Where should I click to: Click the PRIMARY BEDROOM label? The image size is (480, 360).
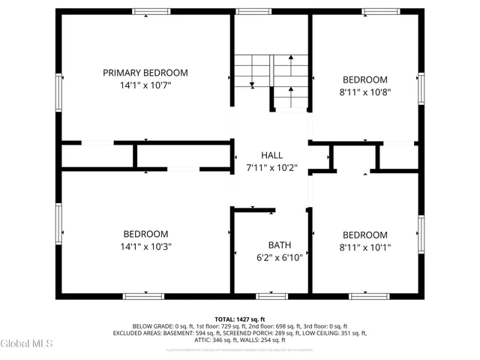[145, 73]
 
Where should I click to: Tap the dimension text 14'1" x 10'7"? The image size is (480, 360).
[145, 85]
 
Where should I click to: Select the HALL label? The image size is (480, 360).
[271, 154]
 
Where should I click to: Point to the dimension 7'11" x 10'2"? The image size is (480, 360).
[271, 167]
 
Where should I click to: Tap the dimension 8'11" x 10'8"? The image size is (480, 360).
[365, 92]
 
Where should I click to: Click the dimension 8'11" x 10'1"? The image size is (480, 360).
[365, 247]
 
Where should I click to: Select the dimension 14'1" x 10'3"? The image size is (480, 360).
[145, 247]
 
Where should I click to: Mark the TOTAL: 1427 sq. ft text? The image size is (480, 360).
[240, 319]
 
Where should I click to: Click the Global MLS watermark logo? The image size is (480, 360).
[27, 343]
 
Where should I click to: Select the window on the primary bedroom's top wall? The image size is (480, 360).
[145, 11]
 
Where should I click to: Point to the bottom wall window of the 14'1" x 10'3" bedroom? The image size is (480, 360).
[143, 295]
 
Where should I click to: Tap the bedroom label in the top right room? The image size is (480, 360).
[365, 79]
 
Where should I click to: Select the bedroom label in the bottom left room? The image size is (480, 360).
[145, 234]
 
